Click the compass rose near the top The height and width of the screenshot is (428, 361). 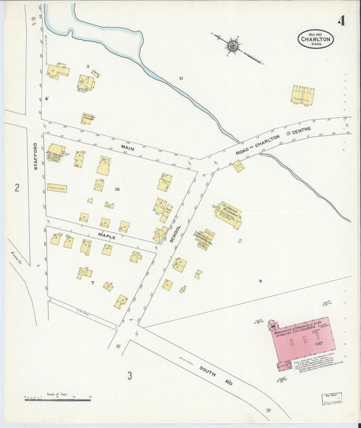[x=233, y=45]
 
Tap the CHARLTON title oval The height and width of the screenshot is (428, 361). [x=316, y=39]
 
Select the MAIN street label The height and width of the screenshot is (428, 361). [x=129, y=146]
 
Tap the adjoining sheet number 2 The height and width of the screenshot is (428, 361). [x=17, y=188]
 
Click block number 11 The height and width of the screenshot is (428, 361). [x=181, y=79]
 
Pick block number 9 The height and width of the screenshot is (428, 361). [x=259, y=280]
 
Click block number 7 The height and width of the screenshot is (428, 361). [x=91, y=282]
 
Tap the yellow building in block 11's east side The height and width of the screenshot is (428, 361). [x=303, y=95]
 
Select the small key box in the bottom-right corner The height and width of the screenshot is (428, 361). [x=331, y=400]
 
